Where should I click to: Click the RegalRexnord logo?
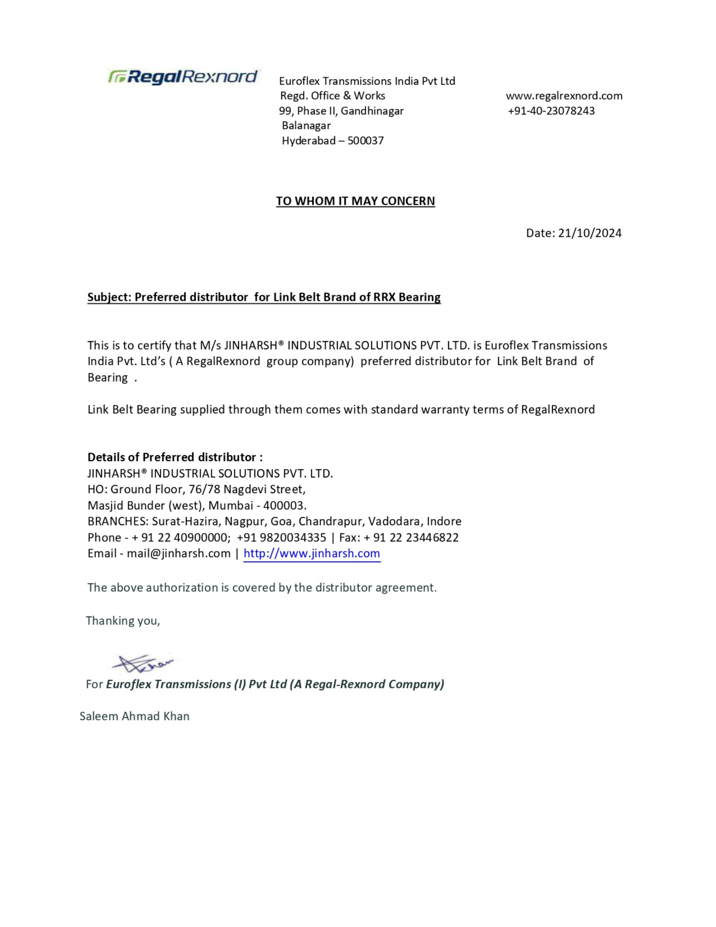tap(183, 76)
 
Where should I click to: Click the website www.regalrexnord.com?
tap(564, 96)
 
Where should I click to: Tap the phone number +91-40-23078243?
tap(551, 111)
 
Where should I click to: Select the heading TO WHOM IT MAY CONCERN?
tap(355, 201)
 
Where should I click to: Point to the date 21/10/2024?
tap(589, 233)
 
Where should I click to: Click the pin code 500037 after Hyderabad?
tap(365, 141)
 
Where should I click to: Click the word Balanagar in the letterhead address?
tap(306, 126)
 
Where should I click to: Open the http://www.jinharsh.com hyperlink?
tap(311, 553)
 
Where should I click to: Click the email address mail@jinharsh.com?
tap(178, 553)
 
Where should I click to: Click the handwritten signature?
tap(143, 663)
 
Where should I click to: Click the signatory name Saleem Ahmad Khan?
tap(134, 716)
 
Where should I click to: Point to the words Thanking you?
tap(123, 621)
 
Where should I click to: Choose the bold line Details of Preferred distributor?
tap(175, 457)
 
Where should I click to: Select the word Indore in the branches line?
tap(444, 521)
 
